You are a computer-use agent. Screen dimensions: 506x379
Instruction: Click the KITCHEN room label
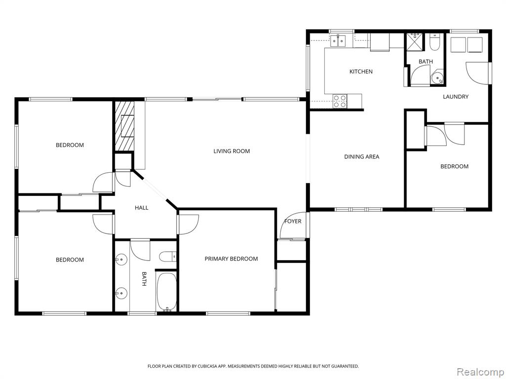point(361,72)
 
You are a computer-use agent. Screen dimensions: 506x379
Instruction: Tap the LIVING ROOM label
point(231,151)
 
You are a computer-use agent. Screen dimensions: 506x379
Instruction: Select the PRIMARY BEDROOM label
point(231,259)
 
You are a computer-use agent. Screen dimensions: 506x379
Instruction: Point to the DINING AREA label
point(361,156)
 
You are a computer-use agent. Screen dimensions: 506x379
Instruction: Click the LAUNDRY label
point(455,96)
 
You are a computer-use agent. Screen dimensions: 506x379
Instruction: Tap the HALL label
point(141,208)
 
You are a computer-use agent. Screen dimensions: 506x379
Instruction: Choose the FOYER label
point(293,221)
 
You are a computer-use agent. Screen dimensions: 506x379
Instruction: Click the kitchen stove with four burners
point(340,101)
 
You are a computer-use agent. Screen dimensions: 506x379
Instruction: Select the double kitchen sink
point(338,40)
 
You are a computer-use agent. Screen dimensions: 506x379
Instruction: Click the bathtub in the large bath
point(167,292)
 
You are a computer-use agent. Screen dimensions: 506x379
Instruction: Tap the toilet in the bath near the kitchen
point(435,42)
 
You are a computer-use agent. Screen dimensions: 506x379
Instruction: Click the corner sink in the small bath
point(438,77)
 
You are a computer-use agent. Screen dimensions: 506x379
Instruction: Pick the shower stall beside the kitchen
point(414,41)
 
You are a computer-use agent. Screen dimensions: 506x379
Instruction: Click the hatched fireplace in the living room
point(125,126)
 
